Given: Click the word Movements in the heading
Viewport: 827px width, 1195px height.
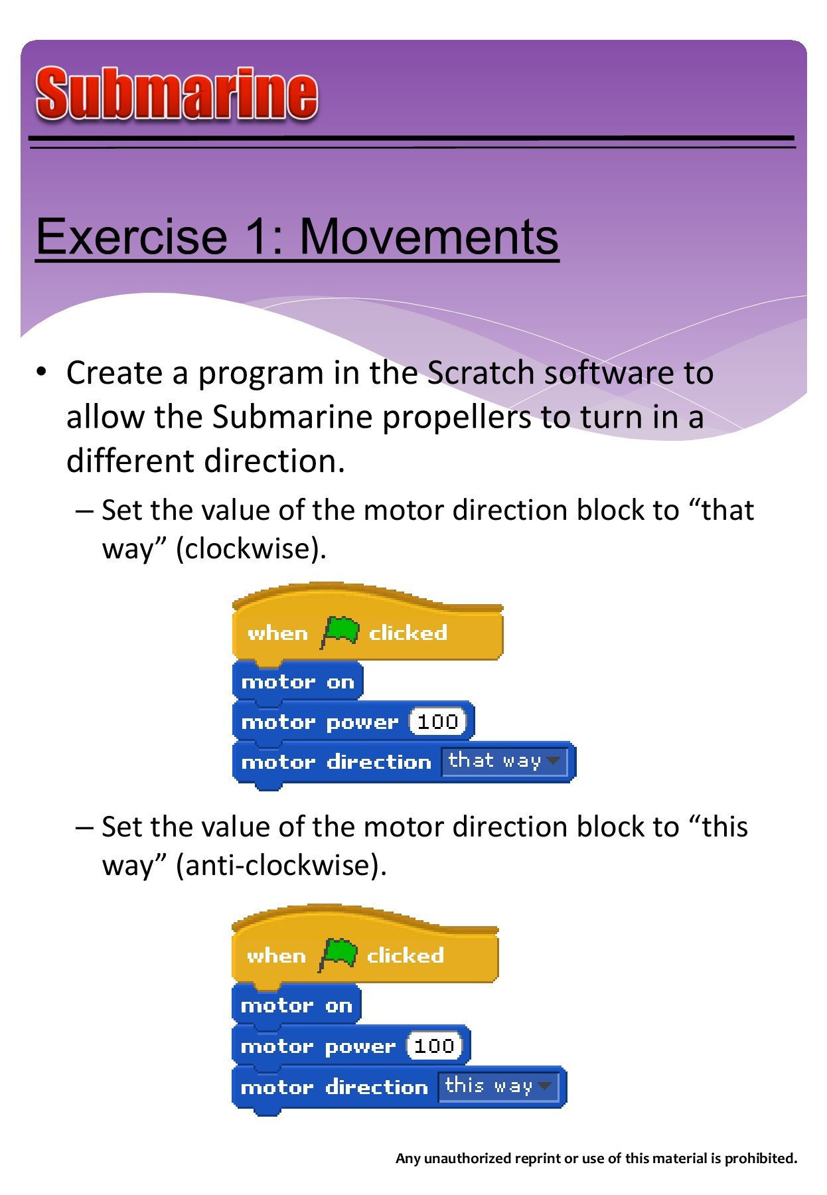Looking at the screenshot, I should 429,237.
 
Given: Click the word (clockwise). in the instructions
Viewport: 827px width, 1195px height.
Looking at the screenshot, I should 251,549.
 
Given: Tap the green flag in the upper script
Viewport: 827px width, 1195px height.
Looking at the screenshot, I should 340,631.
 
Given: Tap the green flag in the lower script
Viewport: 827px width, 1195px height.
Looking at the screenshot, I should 338,954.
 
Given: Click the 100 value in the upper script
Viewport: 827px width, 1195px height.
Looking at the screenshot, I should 437,722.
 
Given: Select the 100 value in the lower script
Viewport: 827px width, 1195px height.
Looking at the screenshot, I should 434,1046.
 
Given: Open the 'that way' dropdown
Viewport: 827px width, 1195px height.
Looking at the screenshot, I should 504,761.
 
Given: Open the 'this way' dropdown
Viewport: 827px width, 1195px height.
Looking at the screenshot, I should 498,1087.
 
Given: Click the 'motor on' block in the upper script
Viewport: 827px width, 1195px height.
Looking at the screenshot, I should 297,682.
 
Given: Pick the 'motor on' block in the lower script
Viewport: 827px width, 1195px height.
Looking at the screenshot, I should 296,1006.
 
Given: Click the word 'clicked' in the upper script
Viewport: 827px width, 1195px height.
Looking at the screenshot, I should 408,633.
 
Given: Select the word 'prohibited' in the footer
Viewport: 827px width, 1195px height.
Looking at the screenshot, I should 761,1158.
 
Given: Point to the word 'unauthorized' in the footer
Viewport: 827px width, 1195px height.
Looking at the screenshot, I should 465,1158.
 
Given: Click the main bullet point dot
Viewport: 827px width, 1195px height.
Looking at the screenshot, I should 42,372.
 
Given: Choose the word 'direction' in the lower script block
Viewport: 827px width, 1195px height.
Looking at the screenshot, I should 376,1087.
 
